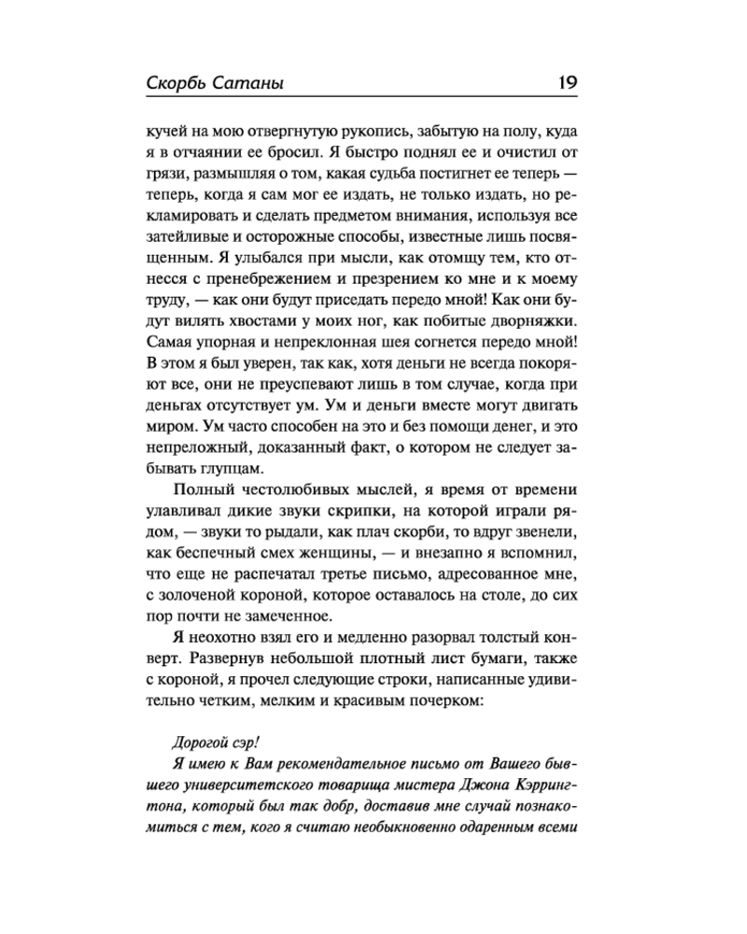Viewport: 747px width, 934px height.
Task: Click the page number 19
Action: coord(566,82)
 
